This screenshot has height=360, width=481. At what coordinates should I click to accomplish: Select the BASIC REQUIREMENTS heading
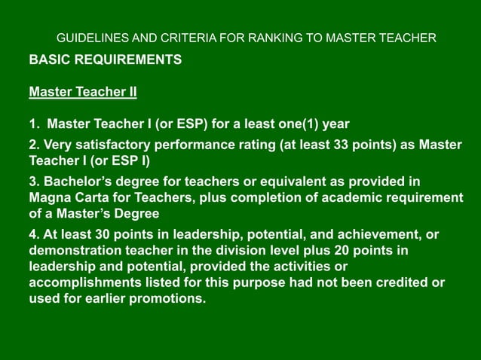[x=105, y=59]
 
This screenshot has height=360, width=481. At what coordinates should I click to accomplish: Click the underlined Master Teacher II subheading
[x=83, y=93]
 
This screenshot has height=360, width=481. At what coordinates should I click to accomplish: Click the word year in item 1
[x=335, y=124]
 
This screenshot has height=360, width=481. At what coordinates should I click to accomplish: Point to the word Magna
[x=49, y=197]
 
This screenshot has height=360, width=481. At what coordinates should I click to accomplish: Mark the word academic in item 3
[x=357, y=197]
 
